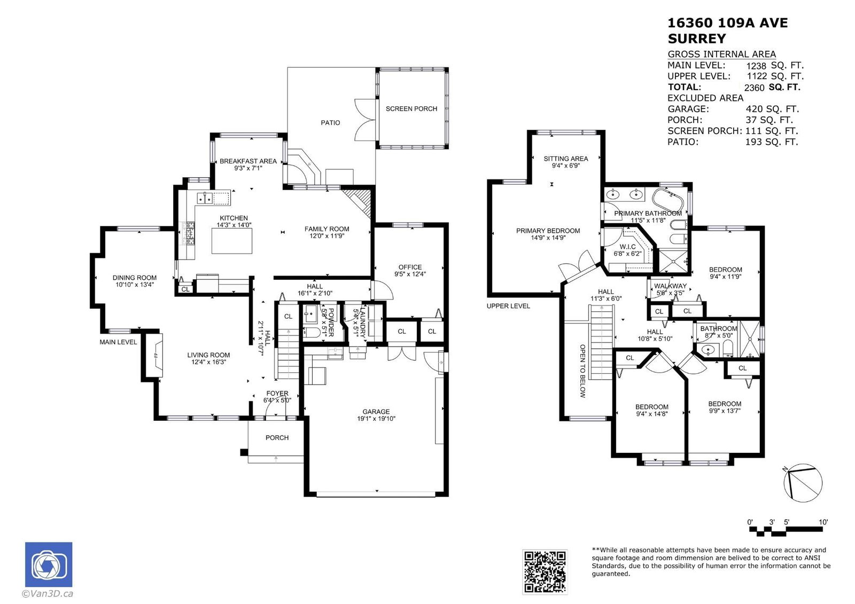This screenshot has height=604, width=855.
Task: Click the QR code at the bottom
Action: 545,571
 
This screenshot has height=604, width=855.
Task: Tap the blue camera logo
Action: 49,564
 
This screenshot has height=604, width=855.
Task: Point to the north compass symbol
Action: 802,483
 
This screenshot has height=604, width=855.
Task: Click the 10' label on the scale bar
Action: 823,522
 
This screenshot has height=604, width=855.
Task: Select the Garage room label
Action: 376,412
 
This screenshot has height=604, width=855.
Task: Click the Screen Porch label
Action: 411,109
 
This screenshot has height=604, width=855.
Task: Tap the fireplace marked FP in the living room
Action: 155,355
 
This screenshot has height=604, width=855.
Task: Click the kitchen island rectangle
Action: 232,241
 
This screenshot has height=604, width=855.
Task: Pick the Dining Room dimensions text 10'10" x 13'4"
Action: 135,285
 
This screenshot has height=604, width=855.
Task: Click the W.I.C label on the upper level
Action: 627,247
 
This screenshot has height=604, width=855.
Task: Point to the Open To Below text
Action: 582,371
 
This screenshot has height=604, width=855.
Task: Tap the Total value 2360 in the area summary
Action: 754,88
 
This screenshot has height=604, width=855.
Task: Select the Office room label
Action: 410,267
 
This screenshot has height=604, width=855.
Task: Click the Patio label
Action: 330,123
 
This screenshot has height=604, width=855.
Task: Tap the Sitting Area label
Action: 566,159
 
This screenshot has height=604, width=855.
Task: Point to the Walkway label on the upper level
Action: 670,286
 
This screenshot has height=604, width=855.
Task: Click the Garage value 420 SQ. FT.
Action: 772,109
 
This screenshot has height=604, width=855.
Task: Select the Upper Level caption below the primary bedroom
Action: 508,306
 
